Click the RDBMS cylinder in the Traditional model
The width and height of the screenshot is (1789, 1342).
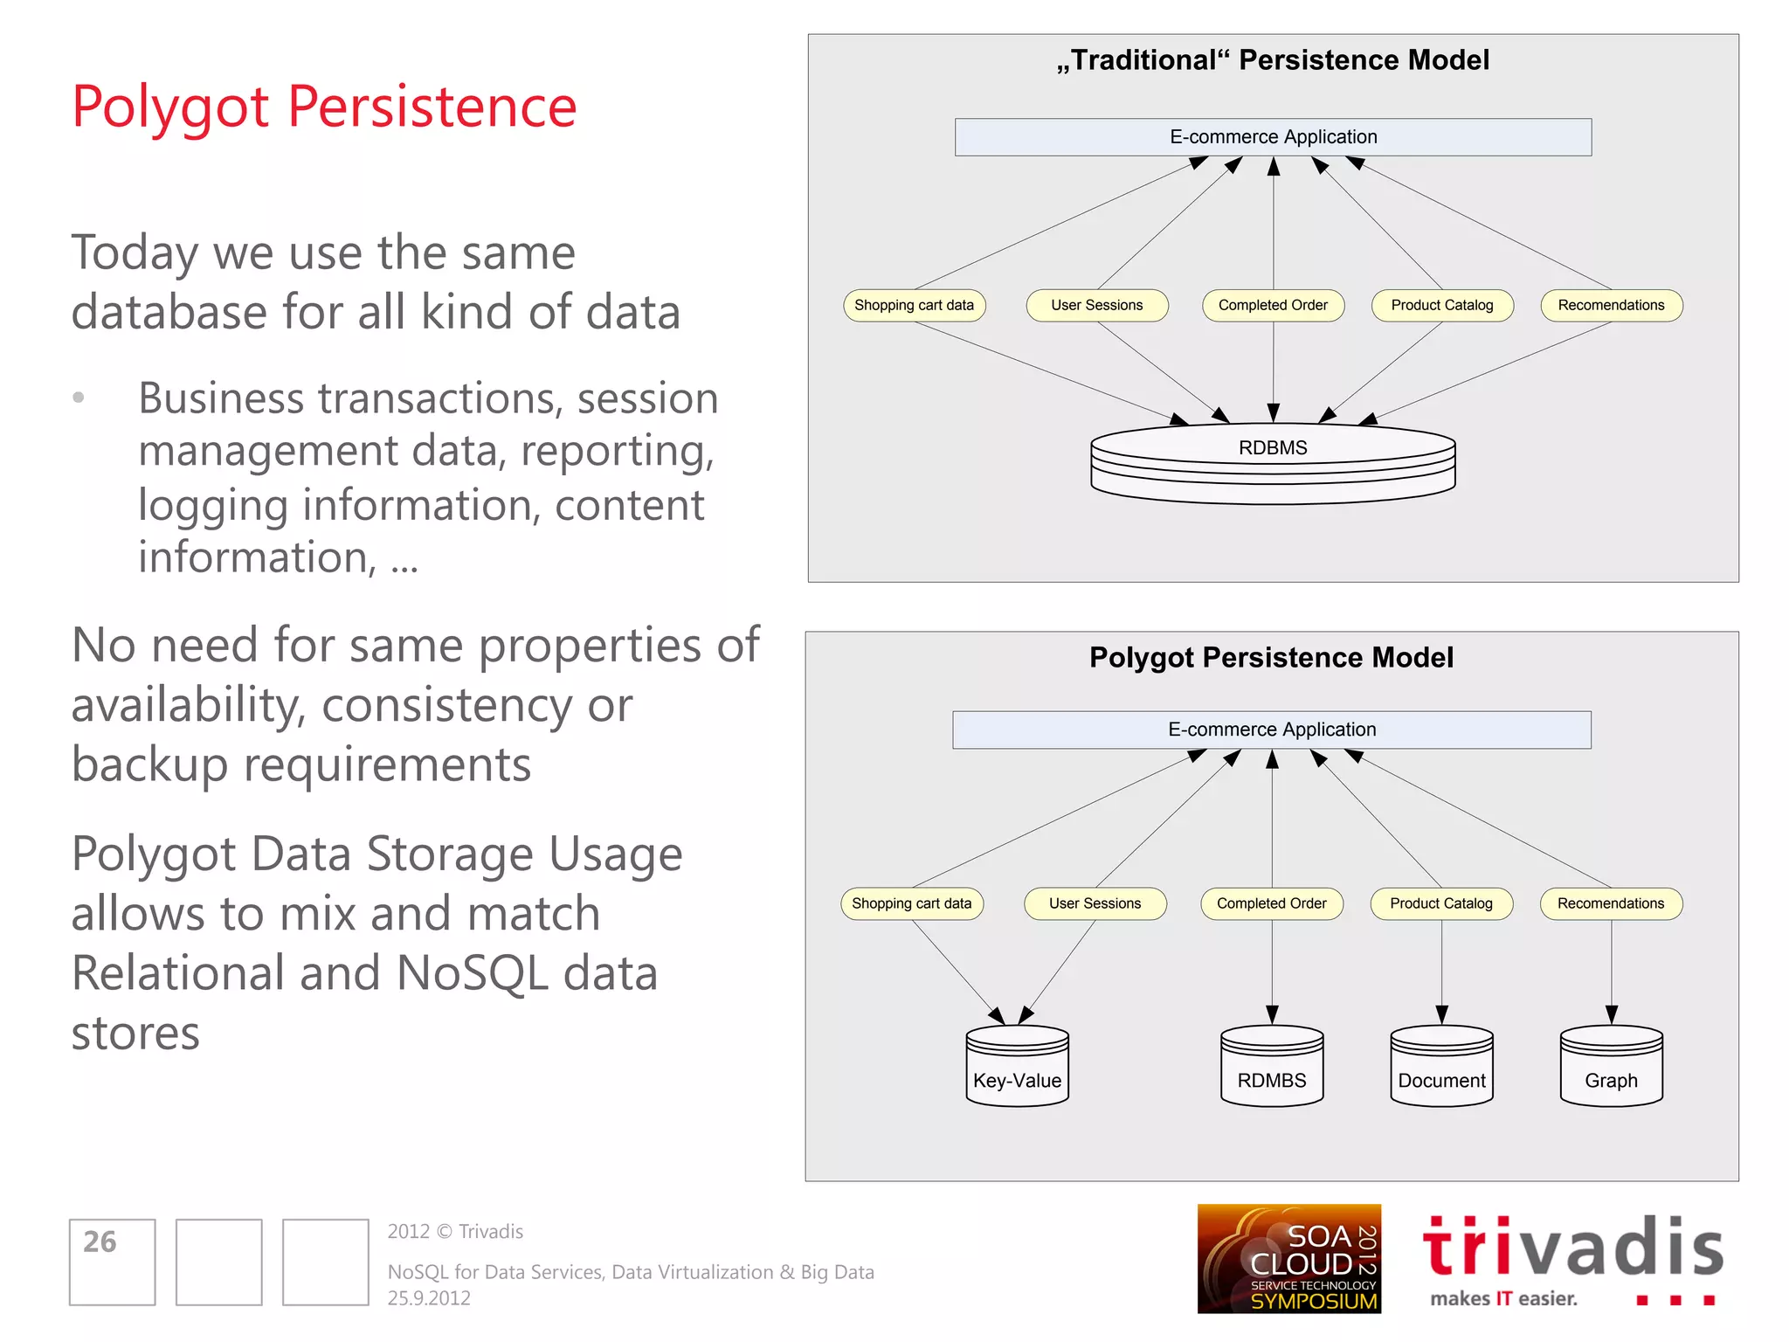pyautogui.click(x=1273, y=462)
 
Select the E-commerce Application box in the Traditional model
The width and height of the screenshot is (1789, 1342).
pyautogui.click(x=1273, y=137)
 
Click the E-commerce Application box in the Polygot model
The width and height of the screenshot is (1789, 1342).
pyautogui.click(x=1272, y=730)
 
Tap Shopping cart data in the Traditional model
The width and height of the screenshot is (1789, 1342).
pyautogui.click(x=914, y=306)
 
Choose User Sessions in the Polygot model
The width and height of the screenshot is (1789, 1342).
pyautogui.click(x=1095, y=903)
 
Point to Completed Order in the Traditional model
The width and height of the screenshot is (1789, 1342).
pyautogui.click(x=1273, y=306)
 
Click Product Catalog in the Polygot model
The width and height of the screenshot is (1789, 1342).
pyautogui.click(x=1441, y=903)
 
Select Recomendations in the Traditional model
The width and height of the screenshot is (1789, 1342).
pyautogui.click(x=1611, y=306)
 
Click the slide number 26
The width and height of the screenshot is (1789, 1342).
pyautogui.click(x=100, y=1242)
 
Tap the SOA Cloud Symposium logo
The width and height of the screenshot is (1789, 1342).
pyautogui.click(x=1288, y=1258)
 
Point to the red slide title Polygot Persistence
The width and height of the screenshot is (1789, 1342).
pyautogui.click(x=324, y=107)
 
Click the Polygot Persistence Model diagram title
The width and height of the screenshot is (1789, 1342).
pyautogui.click(x=1271, y=658)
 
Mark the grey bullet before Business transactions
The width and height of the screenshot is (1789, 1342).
pyautogui.click(x=79, y=398)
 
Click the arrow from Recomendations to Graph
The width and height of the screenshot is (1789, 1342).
pyautogui.click(x=1612, y=970)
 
